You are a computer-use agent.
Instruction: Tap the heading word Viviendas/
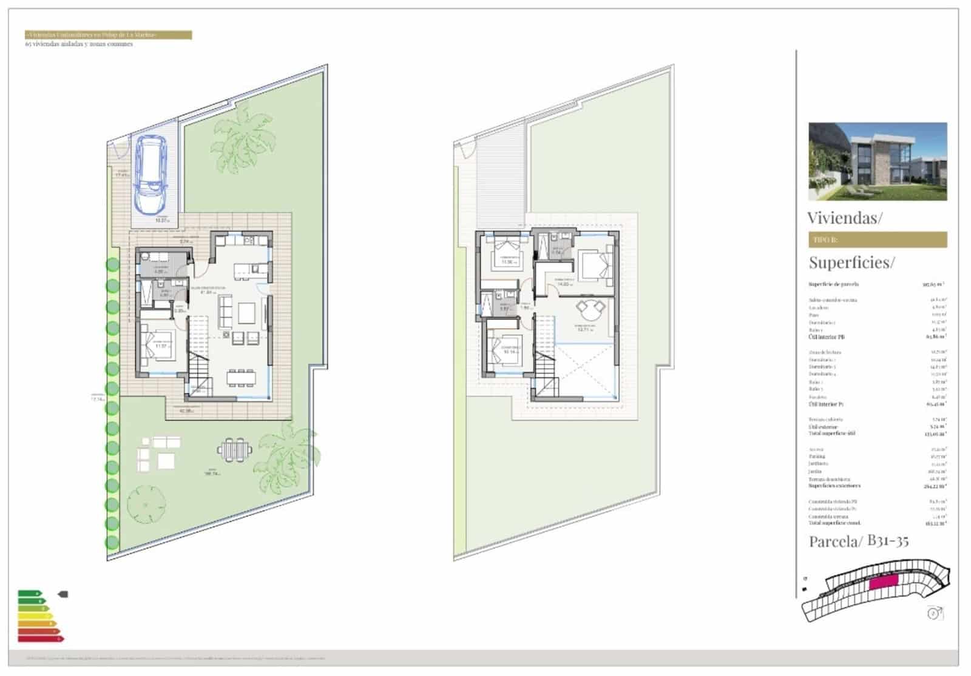pos(845,218)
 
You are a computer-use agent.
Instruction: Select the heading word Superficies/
pos(851,263)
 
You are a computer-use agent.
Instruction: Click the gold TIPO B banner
pos(878,239)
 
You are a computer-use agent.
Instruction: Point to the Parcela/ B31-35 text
pos(858,541)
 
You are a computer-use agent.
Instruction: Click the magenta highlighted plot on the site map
pos(883,583)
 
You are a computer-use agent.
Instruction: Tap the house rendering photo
pos(878,161)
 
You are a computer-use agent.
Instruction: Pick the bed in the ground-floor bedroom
pos(159,346)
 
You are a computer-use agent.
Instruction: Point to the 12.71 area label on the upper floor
pos(584,330)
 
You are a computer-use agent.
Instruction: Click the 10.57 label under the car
pos(161,221)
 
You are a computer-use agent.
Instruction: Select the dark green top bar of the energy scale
pos(29,593)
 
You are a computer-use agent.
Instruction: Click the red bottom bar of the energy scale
pos(41,638)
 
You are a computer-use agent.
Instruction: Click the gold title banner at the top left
pos(108,35)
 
